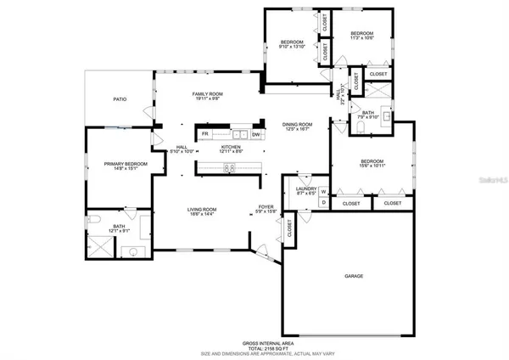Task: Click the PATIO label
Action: (x=120, y=100)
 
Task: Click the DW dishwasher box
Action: (x=255, y=134)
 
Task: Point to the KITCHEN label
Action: (x=231, y=147)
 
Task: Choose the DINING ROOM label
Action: (x=298, y=125)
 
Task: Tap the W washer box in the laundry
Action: (x=323, y=192)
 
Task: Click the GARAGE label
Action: (x=354, y=277)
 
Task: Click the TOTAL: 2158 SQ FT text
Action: (x=255, y=347)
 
